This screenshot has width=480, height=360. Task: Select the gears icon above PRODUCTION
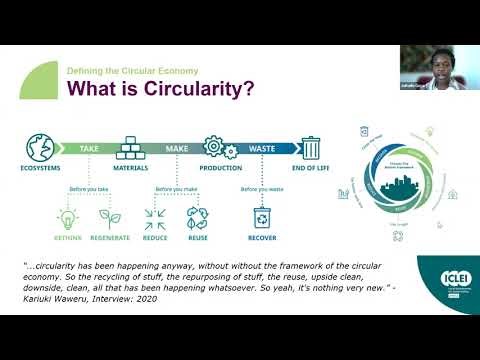(214, 146)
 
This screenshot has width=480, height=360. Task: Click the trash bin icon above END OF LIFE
(311, 147)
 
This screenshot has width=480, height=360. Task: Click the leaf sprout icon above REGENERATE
(109, 216)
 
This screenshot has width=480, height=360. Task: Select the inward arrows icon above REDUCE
(155, 216)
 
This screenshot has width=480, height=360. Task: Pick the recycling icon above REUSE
(197, 216)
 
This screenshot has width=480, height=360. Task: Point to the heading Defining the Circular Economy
(132, 71)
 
